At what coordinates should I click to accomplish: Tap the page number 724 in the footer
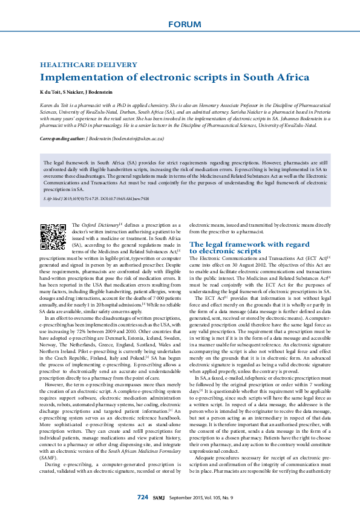tap(142, 497)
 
